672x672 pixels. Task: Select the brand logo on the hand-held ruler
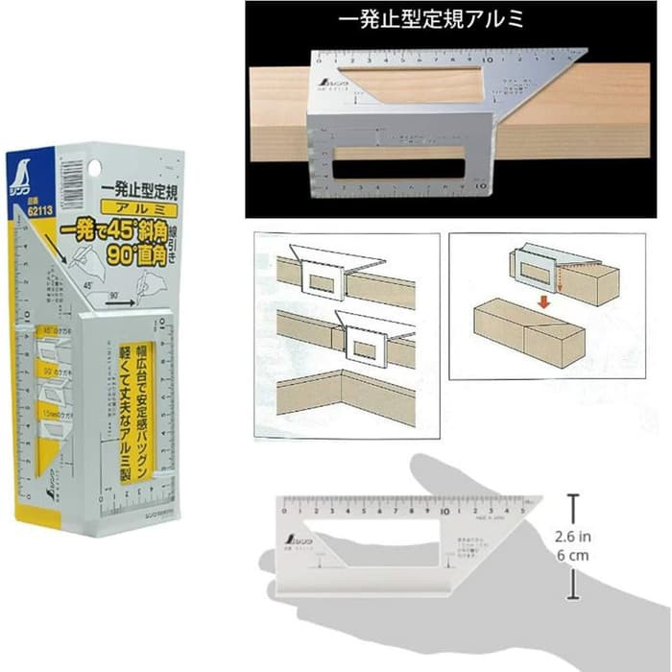pos(292,544)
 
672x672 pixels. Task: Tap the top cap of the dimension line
pos(573,496)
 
